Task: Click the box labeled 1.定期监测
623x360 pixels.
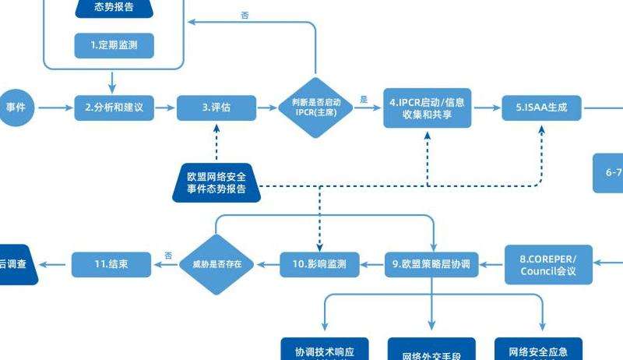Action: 114,45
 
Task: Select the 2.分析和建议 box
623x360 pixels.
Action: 114,108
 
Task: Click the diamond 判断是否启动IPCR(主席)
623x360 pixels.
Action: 315,108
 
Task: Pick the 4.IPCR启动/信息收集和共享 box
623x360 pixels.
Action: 427,108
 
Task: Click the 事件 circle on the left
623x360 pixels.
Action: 16,108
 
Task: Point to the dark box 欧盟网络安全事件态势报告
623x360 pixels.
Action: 216,183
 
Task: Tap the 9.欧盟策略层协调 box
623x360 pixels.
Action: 431,264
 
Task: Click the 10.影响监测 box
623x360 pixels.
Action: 319,264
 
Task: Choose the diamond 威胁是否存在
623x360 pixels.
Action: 217,264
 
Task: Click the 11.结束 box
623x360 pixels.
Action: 111,264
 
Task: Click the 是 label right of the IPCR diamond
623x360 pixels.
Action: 364,100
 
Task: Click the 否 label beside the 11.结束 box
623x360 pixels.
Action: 168,256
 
